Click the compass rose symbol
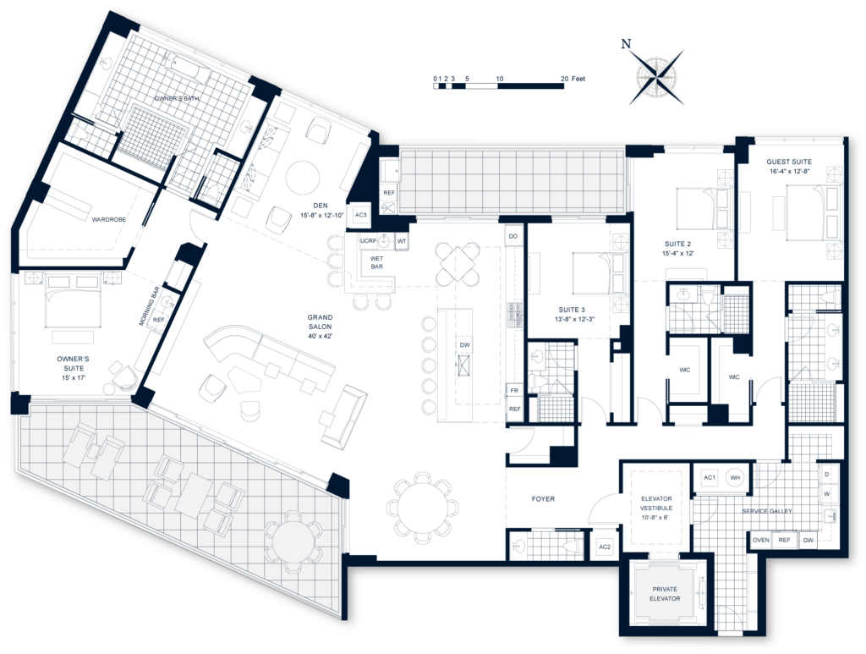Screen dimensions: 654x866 pos(656,77)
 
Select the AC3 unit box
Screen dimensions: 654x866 pos(360,215)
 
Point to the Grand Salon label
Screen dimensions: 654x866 pos(322,324)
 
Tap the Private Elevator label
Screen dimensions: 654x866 pos(666,594)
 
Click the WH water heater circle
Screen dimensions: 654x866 pos(735,477)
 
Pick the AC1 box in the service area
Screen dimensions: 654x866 pos(710,477)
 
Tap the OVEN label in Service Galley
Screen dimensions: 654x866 pos(760,540)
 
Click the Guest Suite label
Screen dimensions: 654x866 pos(789,166)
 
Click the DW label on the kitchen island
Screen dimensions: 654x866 pos(464,345)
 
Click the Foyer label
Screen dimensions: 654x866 pos(543,499)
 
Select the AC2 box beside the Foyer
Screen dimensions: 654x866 pos(605,547)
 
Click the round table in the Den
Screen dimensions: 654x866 pos(303,178)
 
